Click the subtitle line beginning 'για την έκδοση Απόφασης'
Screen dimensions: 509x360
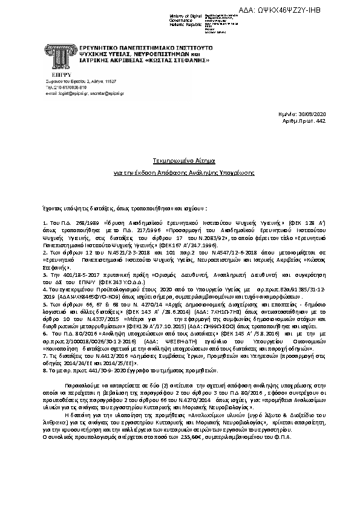pos(180,173)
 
